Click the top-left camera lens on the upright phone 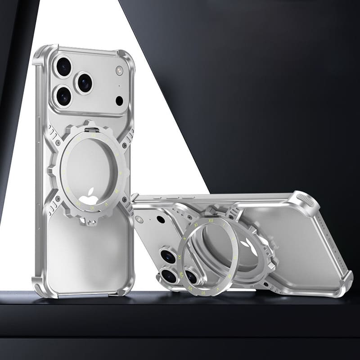click(x=64, y=67)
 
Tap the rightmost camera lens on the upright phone click(x=85, y=82)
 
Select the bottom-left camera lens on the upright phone click(x=64, y=96)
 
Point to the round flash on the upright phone click(x=119, y=70)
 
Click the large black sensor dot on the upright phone click(x=120, y=100)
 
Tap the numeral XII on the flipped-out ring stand click(x=210, y=221)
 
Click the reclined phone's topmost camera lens click(x=168, y=256)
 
